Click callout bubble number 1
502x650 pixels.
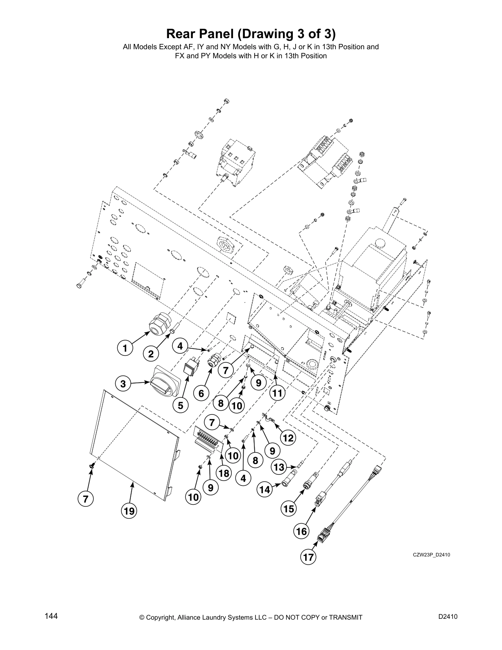(124, 349)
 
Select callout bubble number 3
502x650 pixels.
(123, 384)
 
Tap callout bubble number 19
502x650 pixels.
(129, 511)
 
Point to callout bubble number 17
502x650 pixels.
(308, 557)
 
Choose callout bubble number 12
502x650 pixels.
(288, 438)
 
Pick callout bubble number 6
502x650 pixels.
(201, 394)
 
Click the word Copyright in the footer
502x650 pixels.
(162, 618)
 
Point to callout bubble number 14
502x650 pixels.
(265, 489)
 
